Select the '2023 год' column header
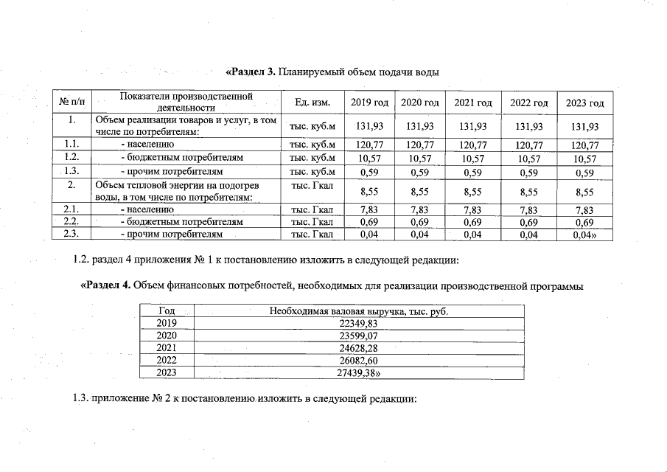pos(584,103)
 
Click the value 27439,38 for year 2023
pos(357,373)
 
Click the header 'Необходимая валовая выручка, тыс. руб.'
pos(358,310)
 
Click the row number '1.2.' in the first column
pos(71,158)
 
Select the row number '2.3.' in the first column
pos(71,235)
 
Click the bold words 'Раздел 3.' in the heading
pos(250,72)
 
